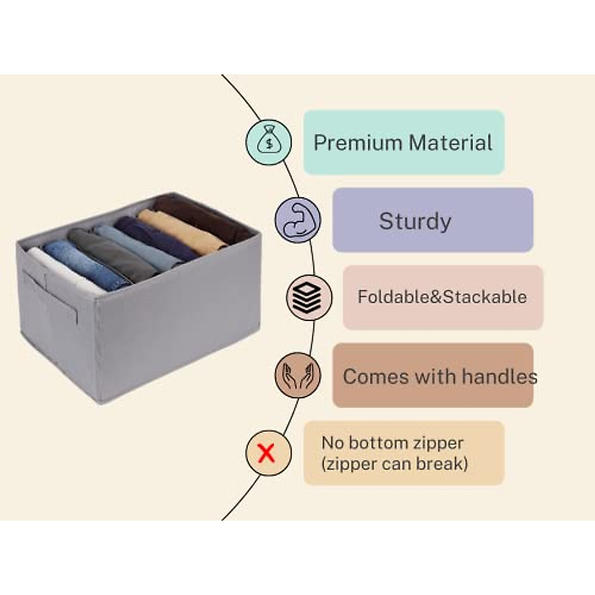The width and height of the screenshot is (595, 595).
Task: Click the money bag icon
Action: (x=269, y=142)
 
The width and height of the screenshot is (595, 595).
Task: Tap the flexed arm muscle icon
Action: (x=298, y=220)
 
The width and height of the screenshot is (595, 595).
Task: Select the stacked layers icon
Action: (x=309, y=297)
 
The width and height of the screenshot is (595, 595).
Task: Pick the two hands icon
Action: (x=298, y=375)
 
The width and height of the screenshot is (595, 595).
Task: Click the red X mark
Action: (x=267, y=453)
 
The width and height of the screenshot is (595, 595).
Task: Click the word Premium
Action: (x=357, y=143)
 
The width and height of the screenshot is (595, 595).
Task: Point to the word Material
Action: (x=451, y=143)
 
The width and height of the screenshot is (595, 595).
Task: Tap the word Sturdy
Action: (x=415, y=221)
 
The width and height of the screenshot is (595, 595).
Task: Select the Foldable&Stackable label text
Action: (x=442, y=297)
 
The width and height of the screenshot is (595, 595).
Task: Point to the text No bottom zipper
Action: (x=392, y=443)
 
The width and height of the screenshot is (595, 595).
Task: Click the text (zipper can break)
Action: (x=395, y=464)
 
